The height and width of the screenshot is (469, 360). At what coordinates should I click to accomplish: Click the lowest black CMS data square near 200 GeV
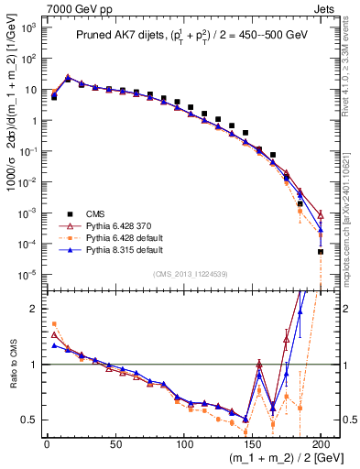(x=321, y=251)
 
